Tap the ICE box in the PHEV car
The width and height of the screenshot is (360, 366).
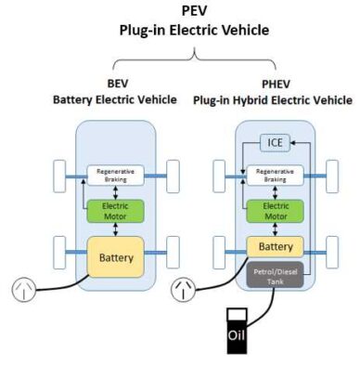point(275,142)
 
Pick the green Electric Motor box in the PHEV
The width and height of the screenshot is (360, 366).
point(275,211)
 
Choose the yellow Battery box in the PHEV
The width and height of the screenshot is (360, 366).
point(275,247)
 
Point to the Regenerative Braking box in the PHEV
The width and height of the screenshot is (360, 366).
point(275,175)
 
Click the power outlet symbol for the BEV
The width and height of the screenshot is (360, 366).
point(23,290)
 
